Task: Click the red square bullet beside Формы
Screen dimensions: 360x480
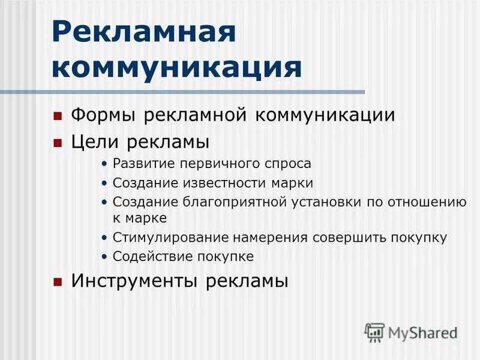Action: pos(58,115)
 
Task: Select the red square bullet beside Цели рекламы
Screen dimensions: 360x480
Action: pos(58,143)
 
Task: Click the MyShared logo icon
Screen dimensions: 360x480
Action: pos(374,331)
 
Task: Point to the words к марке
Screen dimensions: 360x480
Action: pos(139,218)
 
